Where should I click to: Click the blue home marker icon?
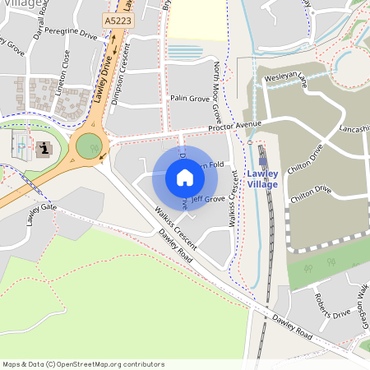point(184,178)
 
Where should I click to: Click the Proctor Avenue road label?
point(234,127)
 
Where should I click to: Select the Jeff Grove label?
point(208,199)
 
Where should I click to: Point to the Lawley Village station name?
point(263,178)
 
